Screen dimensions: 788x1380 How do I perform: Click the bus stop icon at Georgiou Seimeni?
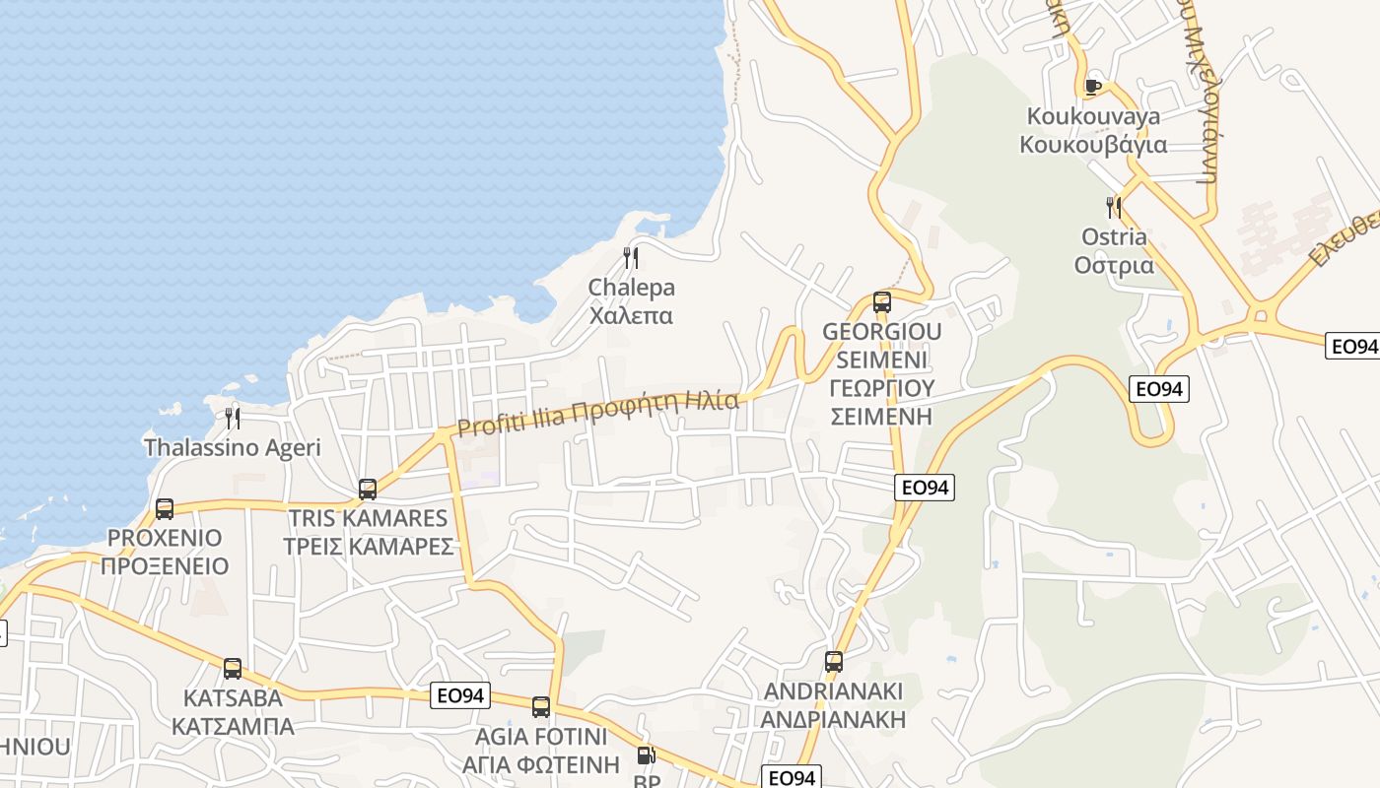pyautogui.click(x=882, y=301)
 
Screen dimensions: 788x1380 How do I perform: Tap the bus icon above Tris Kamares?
pyautogui.click(x=368, y=489)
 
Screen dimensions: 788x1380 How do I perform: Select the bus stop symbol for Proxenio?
pyautogui.click(x=165, y=509)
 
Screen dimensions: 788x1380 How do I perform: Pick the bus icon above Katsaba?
pyautogui.click(x=233, y=669)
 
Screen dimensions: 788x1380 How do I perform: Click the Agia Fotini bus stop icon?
pyautogui.click(x=541, y=706)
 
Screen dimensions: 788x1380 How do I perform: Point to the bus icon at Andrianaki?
pyautogui.click(x=834, y=662)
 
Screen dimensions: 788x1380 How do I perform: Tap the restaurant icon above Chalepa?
pyautogui.click(x=631, y=258)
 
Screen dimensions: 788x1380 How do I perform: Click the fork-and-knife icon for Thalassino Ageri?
pyautogui.click(x=233, y=418)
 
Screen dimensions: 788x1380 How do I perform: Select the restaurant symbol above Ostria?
pyautogui.click(x=1114, y=207)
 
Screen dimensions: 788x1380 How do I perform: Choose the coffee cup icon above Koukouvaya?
pyautogui.click(x=1092, y=87)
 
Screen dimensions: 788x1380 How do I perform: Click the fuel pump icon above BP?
pyautogui.click(x=646, y=755)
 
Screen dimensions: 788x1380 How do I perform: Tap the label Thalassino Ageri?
pyautogui.click(x=233, y=447)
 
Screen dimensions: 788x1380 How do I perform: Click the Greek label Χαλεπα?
pyautogui.click(x=631, y=316)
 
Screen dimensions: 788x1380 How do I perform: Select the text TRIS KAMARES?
pyautogui.click(x=368, y=518)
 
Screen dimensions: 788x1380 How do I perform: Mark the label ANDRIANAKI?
pyautogui.click(x=833, y=691)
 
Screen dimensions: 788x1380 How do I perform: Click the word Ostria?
pyautogui.click(x=1114, y=237)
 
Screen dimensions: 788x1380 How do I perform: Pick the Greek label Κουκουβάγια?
pyautogui.click(x=1092, y=146)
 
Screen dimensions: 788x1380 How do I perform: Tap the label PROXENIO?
pyautogui.click(x=165, y=539)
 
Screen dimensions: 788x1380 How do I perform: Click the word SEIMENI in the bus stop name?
pyautogui.click(x=882, y=360)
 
